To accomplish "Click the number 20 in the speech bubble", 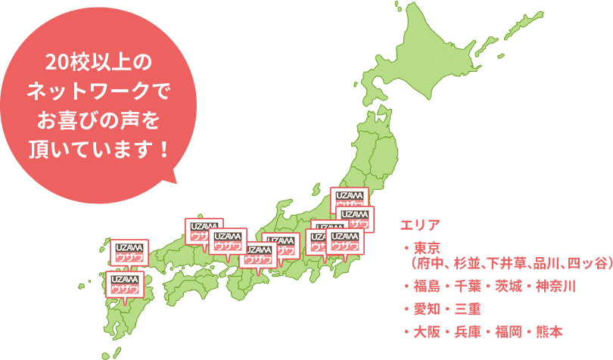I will tap(55, 61).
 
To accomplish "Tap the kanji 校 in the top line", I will tap(77, 61).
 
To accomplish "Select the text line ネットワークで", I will tap(99, 93).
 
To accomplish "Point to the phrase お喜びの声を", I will tap(99, 119).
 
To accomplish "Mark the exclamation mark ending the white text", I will tap(163, 145).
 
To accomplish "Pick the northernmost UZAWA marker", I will tap(349, 200).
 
